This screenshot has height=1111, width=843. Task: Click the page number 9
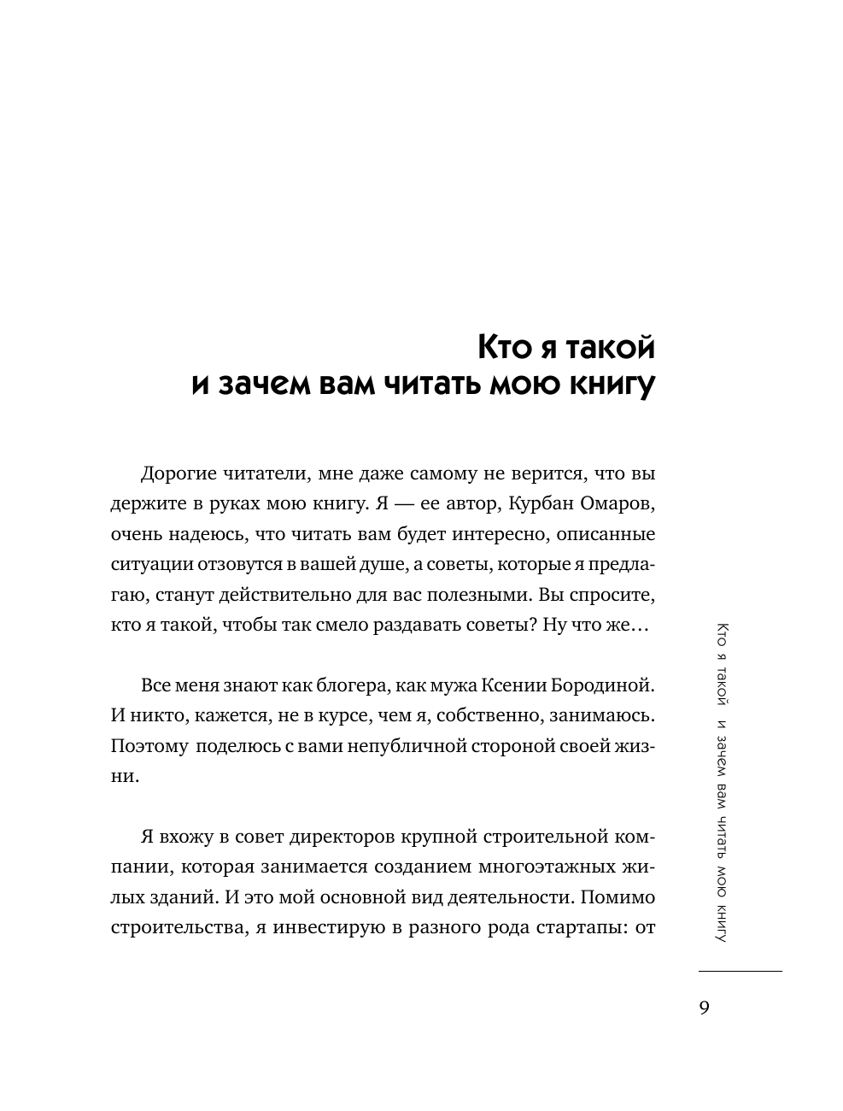[x=704, y=1007]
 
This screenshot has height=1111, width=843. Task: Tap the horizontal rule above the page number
[x=740, y=972]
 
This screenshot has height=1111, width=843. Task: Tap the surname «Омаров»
[x=618, y=504]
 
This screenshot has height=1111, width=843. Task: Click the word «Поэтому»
[x=149, y=745]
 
